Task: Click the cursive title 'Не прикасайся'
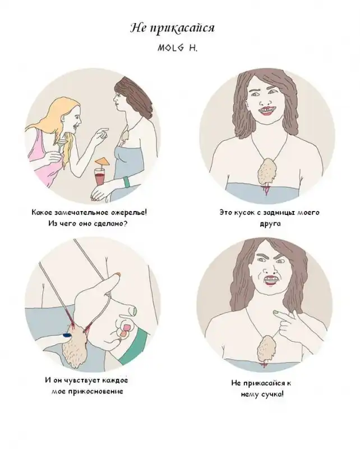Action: tap(172, 29)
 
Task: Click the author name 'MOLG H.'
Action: tap(177, 48)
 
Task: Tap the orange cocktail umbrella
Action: tap(102, 162)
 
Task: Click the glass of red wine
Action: tap(100, 177)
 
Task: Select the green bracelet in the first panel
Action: tap(127, 182)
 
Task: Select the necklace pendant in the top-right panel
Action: tap(267, 172)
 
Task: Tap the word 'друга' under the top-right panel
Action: tap(270, 223)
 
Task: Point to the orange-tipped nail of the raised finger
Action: tap(118, 274)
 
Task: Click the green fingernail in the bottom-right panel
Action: tap(276, 312)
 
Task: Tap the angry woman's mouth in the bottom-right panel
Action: tap(270, 280)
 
